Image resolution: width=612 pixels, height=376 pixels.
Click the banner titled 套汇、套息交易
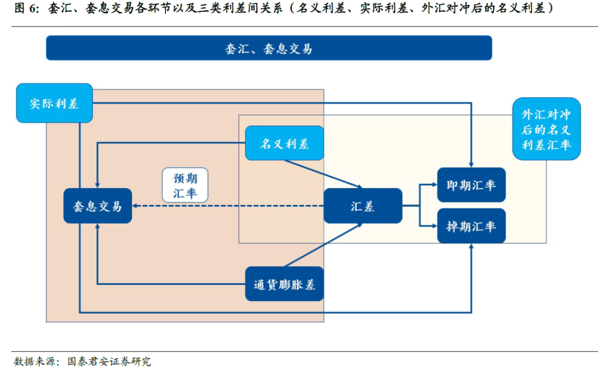click(269, 48)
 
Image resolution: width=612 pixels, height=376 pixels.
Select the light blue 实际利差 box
click(54, 104)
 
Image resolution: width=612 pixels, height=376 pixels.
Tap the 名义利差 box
click(284, 143)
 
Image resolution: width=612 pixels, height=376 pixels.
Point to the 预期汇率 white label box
click(185, 185)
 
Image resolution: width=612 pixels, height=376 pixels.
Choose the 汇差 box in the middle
click(363, 206)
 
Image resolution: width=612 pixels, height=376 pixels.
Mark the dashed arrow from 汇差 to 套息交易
click(227, 206)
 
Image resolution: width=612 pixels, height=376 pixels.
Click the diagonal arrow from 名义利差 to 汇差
click(323, 174)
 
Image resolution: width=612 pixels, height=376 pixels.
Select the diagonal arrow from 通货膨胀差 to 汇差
click(323, 244)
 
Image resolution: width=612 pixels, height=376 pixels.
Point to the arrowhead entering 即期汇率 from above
click(471, 164)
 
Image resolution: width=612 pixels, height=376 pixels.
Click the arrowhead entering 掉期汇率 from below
click(471, 247)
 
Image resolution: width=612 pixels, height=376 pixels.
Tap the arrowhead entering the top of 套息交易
click(97, 185)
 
